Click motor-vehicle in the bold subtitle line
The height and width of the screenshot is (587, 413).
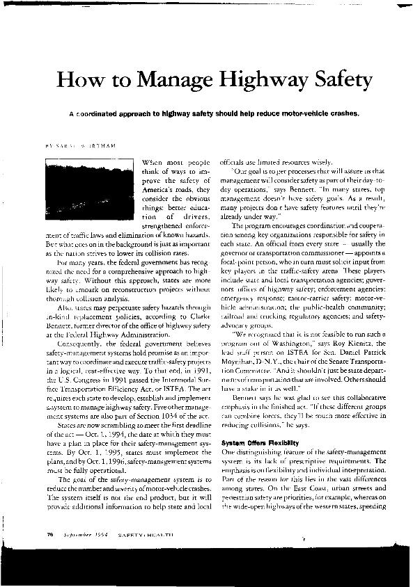click(x=284, y=113)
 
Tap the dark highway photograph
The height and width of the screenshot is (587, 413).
click(x=89, y=182)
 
